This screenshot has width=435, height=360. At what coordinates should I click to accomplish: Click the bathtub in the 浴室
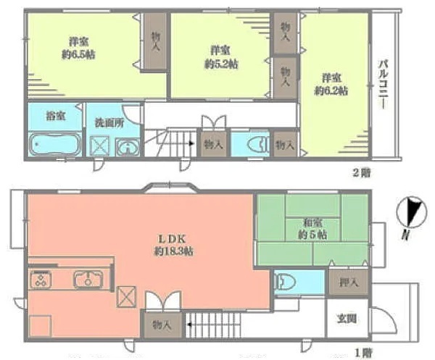coord(55,144)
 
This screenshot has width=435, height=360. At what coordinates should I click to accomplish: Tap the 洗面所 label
coord(109,122)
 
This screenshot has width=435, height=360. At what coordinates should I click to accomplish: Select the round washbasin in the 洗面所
coord(128,146)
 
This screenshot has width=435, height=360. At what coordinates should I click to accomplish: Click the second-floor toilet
coord(258,144)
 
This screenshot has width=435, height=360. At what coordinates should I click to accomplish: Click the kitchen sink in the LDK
coord(88,280)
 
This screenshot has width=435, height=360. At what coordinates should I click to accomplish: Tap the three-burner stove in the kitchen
coord(41,280)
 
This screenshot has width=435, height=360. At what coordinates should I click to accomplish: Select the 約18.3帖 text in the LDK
coord(174,251)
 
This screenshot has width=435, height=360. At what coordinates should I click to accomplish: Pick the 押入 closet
coord(349,282)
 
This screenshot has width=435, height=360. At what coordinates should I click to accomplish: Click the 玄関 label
coord(347,319)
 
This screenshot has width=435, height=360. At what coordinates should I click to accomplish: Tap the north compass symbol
coord(412,212)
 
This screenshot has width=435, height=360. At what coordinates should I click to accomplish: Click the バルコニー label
coord(384,84)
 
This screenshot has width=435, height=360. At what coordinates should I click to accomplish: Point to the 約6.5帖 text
coord(78,54)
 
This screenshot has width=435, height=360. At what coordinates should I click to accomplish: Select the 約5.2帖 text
coord(221,64)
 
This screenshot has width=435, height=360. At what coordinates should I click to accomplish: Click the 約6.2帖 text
coord(331,91)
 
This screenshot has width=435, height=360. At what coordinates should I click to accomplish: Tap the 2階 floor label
coord(362,173)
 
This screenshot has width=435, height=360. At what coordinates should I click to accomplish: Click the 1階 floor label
coord(364,353)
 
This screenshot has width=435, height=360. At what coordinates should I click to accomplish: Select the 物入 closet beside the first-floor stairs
coord(162,325)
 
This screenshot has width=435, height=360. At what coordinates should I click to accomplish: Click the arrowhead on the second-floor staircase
coord(191,143)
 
